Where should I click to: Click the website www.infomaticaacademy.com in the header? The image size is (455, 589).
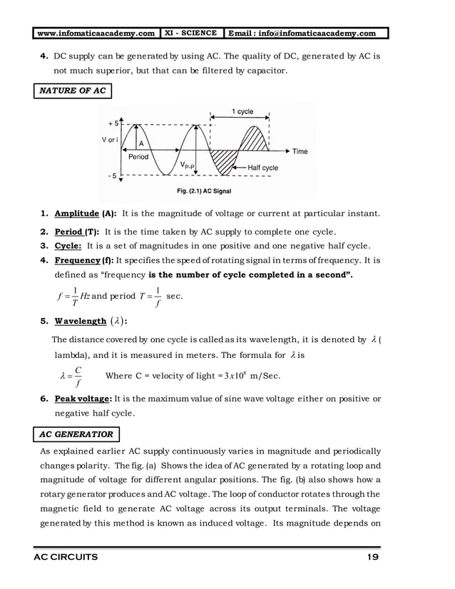click(96, 33)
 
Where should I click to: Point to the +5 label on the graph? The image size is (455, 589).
click(113, 123)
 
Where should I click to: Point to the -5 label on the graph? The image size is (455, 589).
click(113, 176)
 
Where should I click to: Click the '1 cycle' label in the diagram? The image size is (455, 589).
click(242, 112)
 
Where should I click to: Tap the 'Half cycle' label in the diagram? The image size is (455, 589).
click(262, 168)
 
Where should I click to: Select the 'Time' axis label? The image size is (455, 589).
click(300, 151)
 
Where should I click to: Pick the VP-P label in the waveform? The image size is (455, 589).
click(188, 165)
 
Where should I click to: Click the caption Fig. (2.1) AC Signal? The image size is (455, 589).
click(203, 191)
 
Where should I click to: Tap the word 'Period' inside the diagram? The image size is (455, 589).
click(138, 156)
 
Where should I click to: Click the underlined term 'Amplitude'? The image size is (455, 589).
click(76, 214)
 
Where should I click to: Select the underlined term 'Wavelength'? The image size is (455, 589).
click(81, 321)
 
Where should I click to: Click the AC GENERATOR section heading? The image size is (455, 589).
click(76, 434)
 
